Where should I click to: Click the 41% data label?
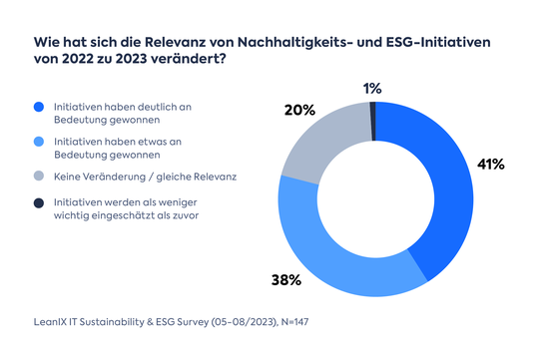[491, 164]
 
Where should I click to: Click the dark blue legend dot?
[38, 106]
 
